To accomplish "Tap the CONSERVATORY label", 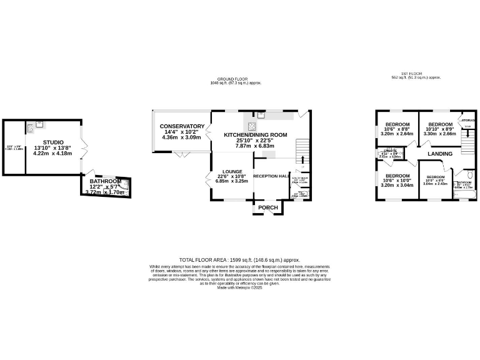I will pos(181,126).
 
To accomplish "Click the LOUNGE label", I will pos(227,171).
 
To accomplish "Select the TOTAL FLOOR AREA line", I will pos(240,259).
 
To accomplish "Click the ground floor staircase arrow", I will pos(302,150).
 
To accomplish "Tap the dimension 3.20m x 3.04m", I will pos(397,186).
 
